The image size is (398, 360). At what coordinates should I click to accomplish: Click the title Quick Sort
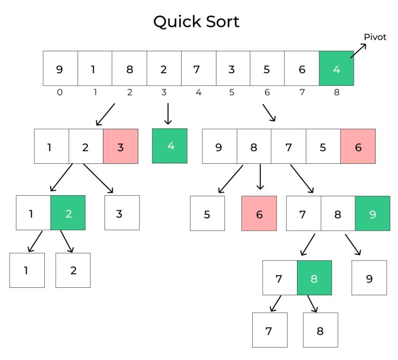point(196,21)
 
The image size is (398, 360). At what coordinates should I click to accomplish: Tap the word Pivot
point(375,37)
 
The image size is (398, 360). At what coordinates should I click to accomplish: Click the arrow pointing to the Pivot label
point(358,51)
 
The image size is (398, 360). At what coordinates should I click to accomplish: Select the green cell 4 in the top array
point(336,68)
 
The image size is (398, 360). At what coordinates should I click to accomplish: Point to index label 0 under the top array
point(60,92)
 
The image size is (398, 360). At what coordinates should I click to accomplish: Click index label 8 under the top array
point(337,92)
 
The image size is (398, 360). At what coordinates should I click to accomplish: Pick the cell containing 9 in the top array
point(60,68)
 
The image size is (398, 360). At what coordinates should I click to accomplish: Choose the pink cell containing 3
point(120,146)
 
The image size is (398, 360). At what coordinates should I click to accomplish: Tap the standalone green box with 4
point(170,146)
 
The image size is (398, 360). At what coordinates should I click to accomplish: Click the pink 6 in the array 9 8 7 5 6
point(358,146)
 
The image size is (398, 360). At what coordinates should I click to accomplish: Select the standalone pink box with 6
point(259,213)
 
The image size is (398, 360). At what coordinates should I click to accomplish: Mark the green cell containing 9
point(372,213)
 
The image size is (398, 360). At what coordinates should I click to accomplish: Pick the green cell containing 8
point(314,278)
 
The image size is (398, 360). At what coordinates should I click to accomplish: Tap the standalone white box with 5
point(207,213)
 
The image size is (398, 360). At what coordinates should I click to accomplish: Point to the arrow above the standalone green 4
point(168,113)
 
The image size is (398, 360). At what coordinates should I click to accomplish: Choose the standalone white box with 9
point(369,278)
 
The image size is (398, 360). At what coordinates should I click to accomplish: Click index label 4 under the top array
point(199,92)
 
